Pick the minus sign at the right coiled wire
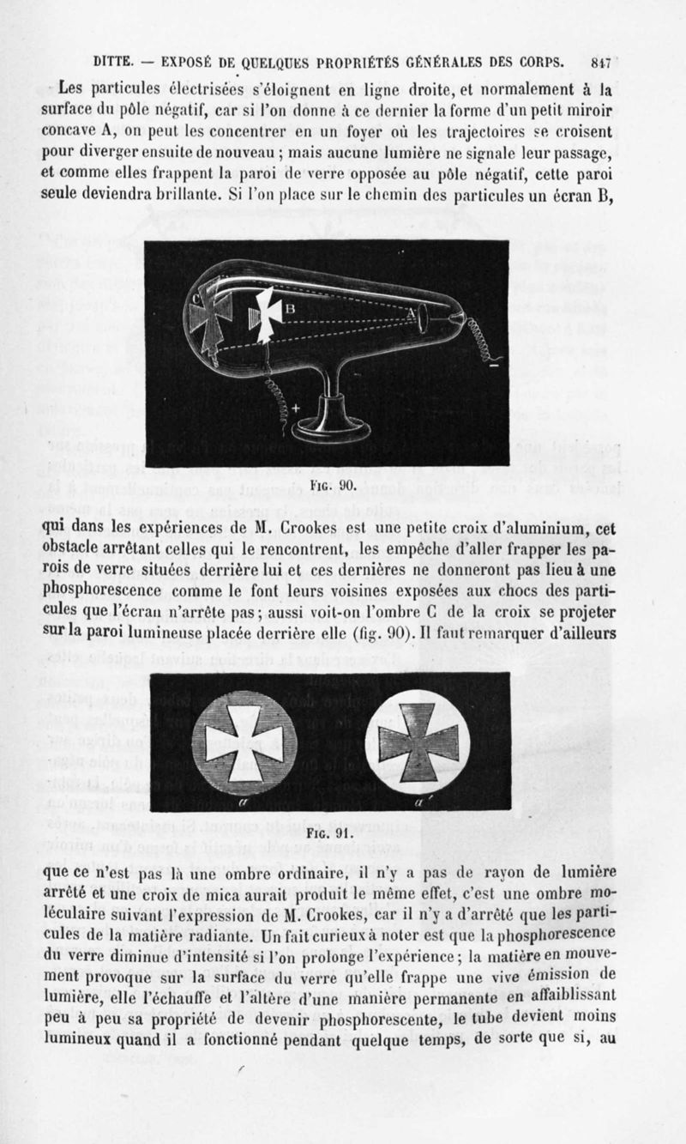click(x=493, y=366)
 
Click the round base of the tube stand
click(x=335, y=427)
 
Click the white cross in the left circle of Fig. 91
click(x=244, y=742)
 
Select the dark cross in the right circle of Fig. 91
click(x=418, y=742)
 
